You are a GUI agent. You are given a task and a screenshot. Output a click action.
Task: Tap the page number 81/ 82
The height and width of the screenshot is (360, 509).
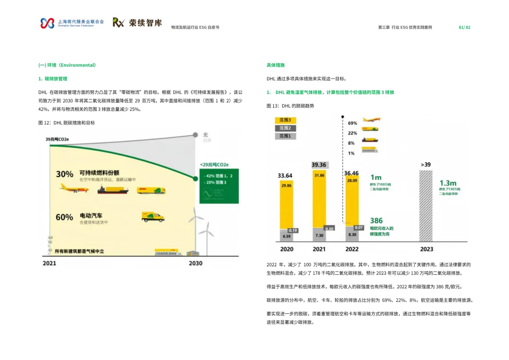464,27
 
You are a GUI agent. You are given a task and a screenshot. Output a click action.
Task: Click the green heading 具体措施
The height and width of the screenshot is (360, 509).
276,65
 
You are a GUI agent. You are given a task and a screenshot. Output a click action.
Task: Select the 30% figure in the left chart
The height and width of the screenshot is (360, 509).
65,174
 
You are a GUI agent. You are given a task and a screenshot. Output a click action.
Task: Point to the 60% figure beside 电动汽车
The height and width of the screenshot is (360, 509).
65,217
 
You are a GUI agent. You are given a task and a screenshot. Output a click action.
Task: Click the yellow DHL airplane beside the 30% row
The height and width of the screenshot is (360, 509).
74,189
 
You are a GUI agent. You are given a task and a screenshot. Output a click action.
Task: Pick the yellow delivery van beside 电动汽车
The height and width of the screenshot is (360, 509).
153,216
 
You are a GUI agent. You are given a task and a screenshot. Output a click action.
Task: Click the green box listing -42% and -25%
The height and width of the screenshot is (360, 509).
218,186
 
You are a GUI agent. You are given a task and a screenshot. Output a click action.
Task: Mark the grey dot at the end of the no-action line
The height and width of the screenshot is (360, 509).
196,135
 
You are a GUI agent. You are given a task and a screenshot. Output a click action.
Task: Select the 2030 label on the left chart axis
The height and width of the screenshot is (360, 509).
196,263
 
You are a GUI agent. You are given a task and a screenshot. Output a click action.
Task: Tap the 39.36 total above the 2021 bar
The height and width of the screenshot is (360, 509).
319,165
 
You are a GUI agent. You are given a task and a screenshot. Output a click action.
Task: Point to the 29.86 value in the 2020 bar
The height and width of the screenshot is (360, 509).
286,186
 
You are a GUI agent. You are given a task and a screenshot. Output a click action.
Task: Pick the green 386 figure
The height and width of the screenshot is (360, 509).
377,221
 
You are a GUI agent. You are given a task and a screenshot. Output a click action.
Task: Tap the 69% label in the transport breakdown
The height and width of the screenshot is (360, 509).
352,123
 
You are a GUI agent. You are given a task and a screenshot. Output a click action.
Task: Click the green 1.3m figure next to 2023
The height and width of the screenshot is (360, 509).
447,183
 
